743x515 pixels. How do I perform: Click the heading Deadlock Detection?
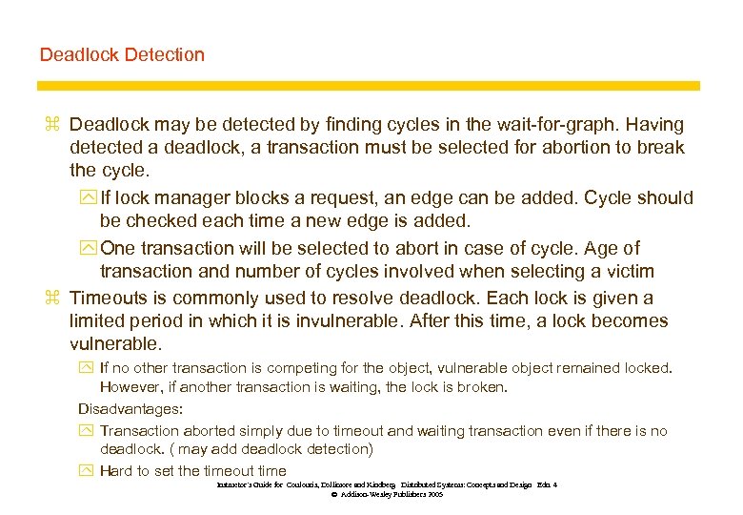[122, 54]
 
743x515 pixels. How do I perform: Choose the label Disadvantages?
[131, 408]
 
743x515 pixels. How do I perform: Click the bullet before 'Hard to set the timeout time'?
[86, 471]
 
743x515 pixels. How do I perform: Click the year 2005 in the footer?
[434, 496]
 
